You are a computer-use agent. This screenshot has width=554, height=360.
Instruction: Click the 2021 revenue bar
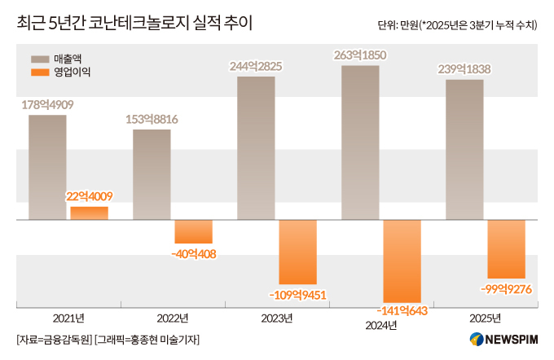(x=47, y=167)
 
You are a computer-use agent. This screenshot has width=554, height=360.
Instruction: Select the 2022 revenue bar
(x=152, y=174)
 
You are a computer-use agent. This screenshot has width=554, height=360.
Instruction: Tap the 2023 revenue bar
(x=256, y=147)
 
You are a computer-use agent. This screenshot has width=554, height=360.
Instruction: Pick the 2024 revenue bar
(x=360, y=143)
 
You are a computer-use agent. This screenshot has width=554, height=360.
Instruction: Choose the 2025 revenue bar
(x=464, y=149)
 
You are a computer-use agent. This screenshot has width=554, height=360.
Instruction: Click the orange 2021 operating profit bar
(x=89, y=213)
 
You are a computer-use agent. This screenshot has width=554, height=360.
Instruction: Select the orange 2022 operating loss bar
(x=193, y=231)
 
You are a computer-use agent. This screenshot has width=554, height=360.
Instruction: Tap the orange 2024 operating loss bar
(x=402, y=261)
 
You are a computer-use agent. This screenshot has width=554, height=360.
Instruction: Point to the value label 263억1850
(x=360, y=55)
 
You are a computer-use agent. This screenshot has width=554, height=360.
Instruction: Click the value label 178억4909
(x=47, y=104)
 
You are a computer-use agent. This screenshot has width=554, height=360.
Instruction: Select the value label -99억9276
(x=506, y=289)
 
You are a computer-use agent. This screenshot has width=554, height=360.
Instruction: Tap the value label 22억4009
(x=89, y=196)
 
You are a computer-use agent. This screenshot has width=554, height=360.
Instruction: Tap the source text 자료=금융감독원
(x=53, y=340)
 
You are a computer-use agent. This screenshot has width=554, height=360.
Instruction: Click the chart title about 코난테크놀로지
(x=134, y=24)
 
